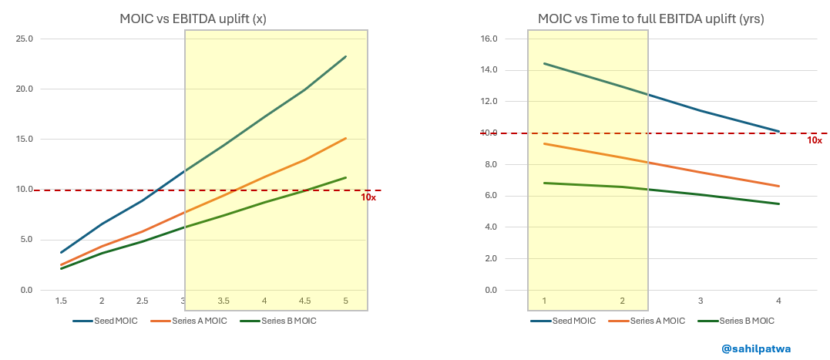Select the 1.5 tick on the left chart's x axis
click(60, 301)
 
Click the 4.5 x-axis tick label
click(305, 301)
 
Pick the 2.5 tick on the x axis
click(142, 301)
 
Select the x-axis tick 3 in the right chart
click(700, 301)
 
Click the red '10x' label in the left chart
click(368, 197)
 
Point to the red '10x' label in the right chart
click(814, 140)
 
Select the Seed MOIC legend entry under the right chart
click(573, 321)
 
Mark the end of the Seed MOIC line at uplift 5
click(346, 56)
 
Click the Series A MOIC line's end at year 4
click(779, 186)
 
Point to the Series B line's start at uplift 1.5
click(61, 268)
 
